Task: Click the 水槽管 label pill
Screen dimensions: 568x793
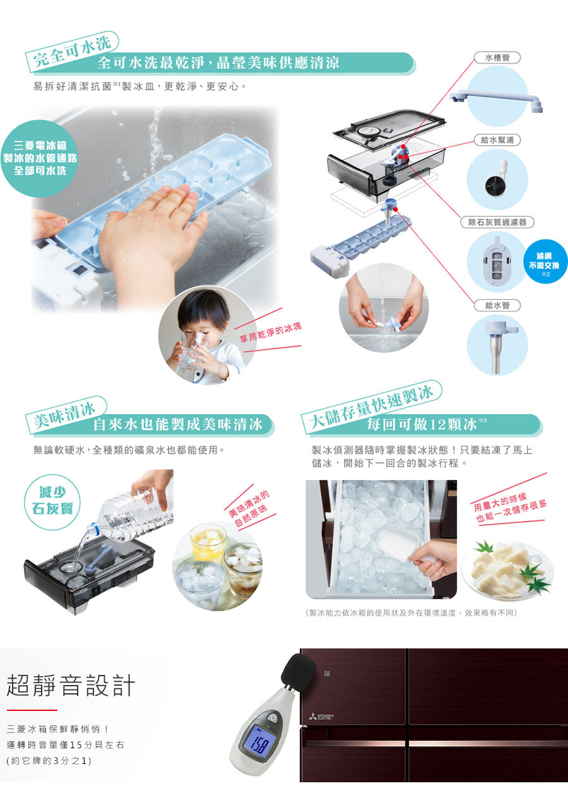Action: (x=497, y=57)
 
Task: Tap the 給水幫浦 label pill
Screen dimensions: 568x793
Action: (x=497, y=140)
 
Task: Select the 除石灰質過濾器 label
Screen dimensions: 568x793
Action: (x=497, y=222)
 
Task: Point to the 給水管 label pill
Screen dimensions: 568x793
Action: (x=497, y=305)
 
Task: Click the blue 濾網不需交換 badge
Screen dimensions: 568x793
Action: (x=546, y=261)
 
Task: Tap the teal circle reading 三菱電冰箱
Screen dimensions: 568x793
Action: (x=40, y=158)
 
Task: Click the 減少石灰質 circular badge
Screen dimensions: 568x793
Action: (x=52, y=502)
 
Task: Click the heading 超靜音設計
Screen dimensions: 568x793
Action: (x=71, y=685)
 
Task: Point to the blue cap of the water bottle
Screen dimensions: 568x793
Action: (x=92, y=530)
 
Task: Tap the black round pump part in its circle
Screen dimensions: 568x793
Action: (x=494, y=184)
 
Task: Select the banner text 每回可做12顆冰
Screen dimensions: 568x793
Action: (x=422, y=424)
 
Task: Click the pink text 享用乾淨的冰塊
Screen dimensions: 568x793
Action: (x=271, y=333)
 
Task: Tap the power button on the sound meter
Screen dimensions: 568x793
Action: (x=272, y=716)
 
